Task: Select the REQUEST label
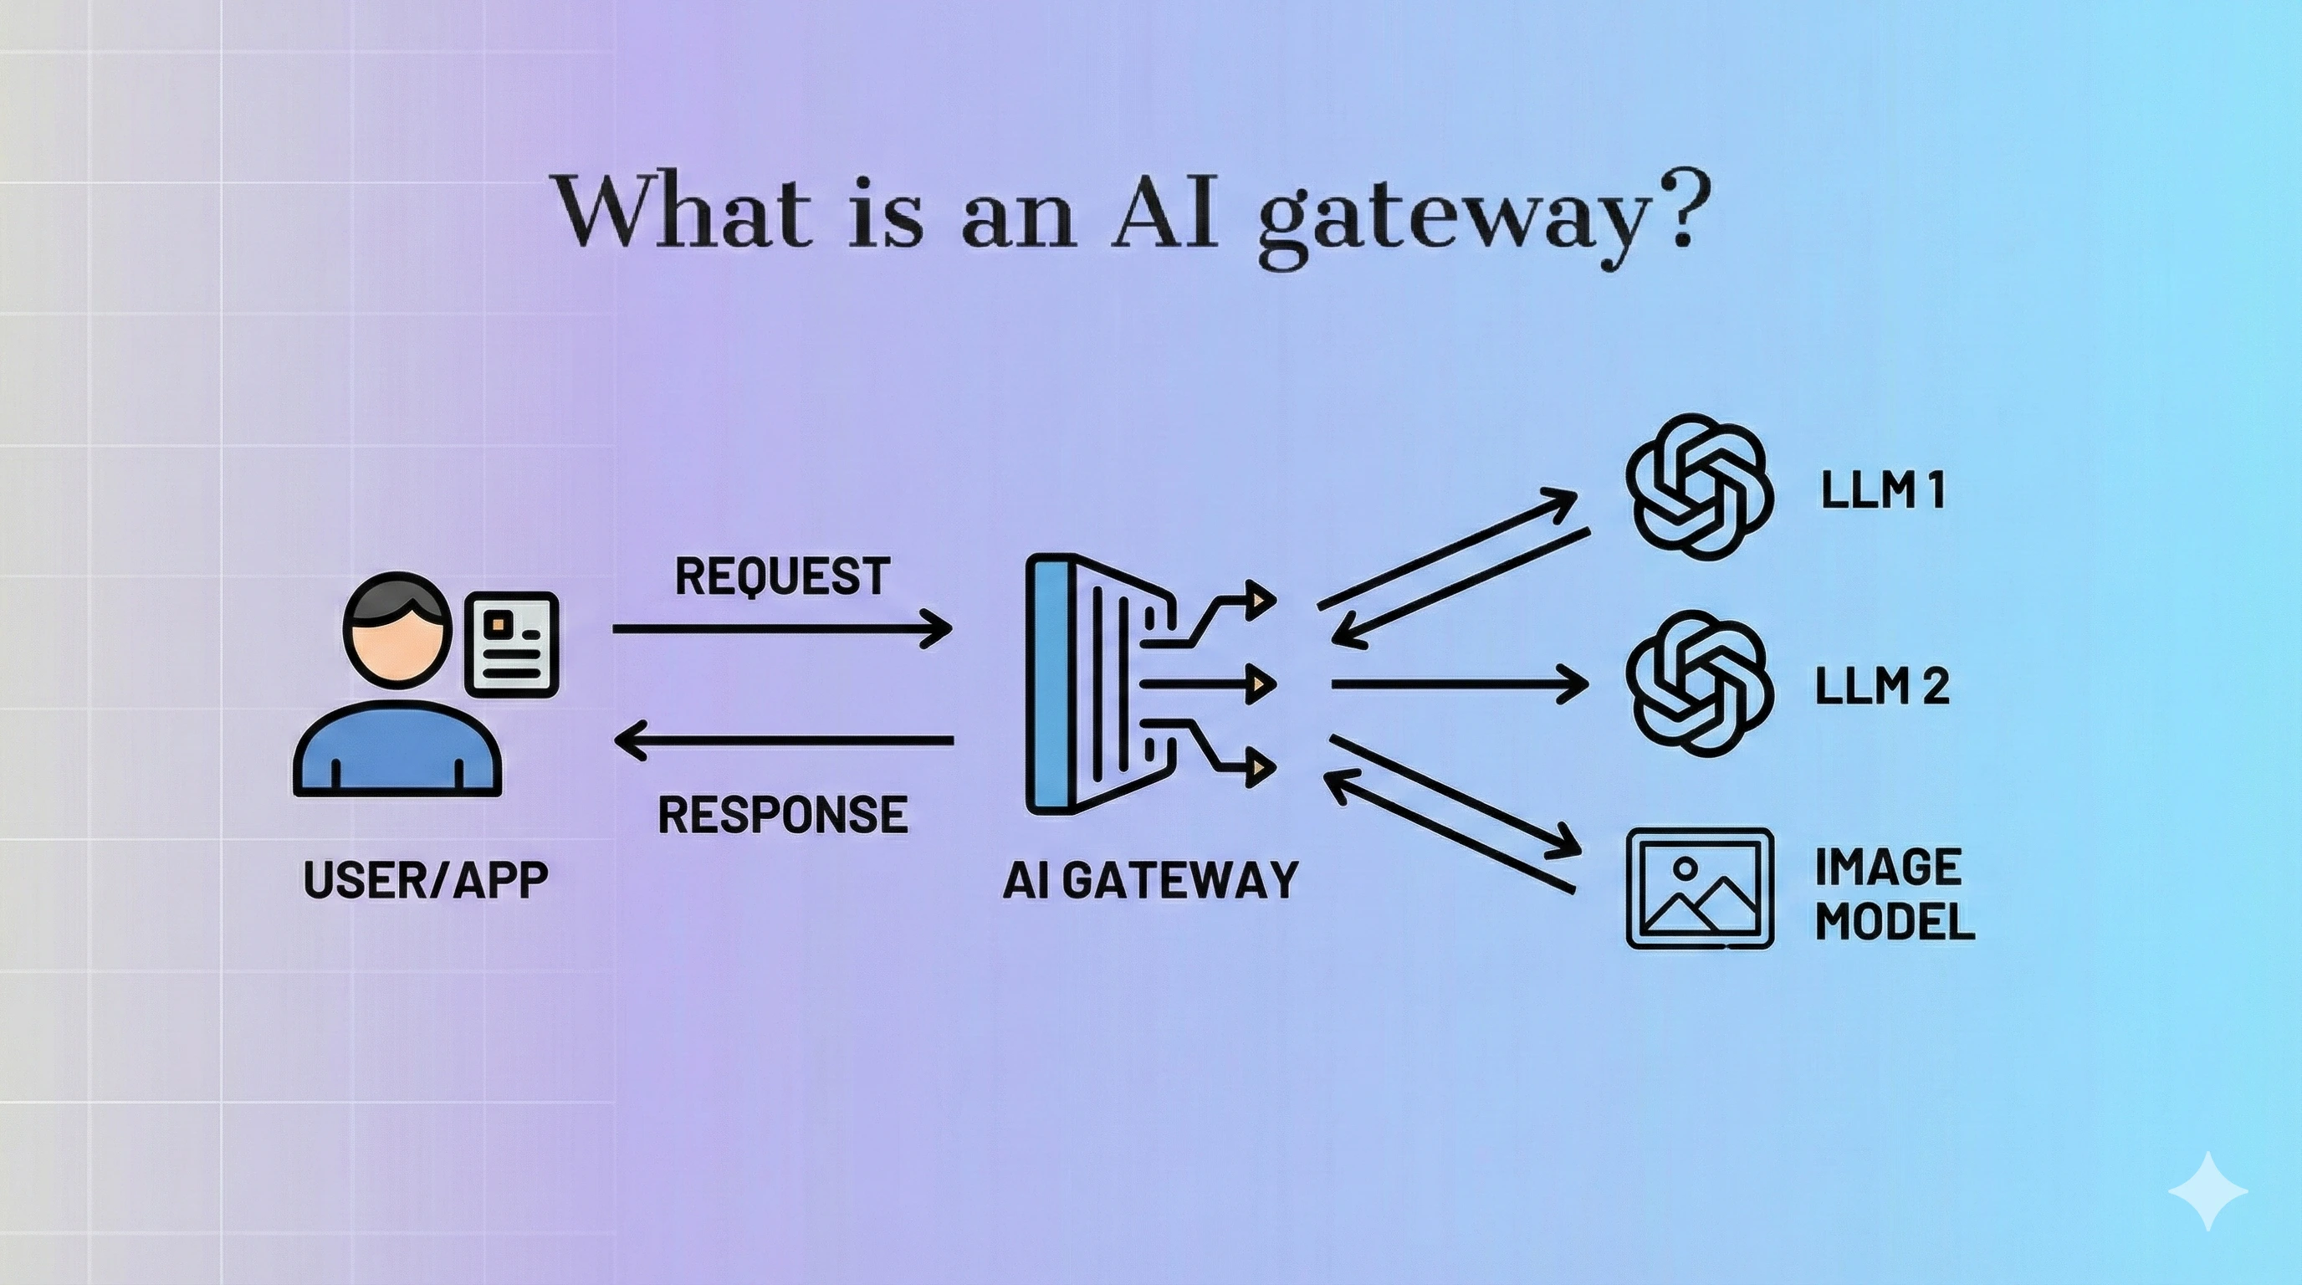pos(782,576)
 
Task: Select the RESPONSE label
pos(783,814)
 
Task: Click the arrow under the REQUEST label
pos(782,629)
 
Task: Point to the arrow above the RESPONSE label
pos(784,740)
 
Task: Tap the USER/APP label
pos(426,880)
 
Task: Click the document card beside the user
pos(512,643)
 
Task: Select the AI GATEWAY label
pos(1150,880)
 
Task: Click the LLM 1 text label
pos(1883,489)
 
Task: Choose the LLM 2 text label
pos(1882,686)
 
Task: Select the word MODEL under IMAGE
pos(1895,921)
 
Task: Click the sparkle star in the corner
pos(2207,1191)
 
